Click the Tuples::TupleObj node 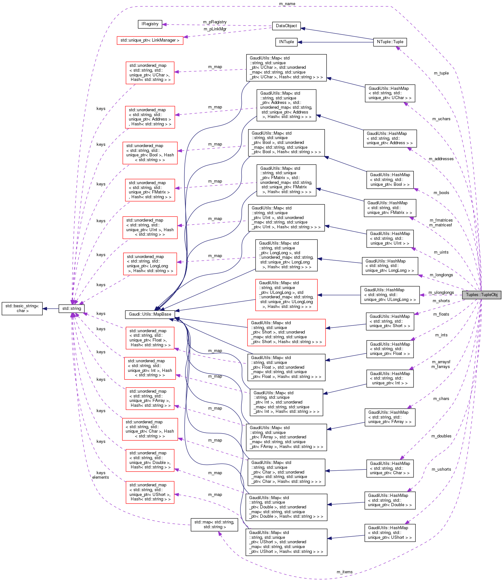(x=481, y=295)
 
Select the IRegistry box (x=150, y=24)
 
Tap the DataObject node (x=286, y=26)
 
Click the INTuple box (x=286, y=42)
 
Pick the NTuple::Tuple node (x=390, y=42)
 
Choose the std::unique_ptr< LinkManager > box (x=150, y=41)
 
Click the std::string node (x=72, y=309)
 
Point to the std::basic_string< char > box (x=22, y=309)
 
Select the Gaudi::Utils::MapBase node (x=150, y=314)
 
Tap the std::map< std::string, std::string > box (x=214, y=524)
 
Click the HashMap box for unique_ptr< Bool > (x=390, y=180)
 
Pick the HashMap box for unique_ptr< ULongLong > (x=390, y=295)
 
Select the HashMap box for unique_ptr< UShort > (x=390, y=533)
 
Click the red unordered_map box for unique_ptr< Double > (x=150, y=460)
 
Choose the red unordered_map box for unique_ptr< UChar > (x=150, y=73)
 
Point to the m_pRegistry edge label (x=215, y=22)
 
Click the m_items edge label (x=344, y=572)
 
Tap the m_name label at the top (x=287, y=4)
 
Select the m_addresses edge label (x=441, y=159)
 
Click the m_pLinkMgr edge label (x=215, y=29)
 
